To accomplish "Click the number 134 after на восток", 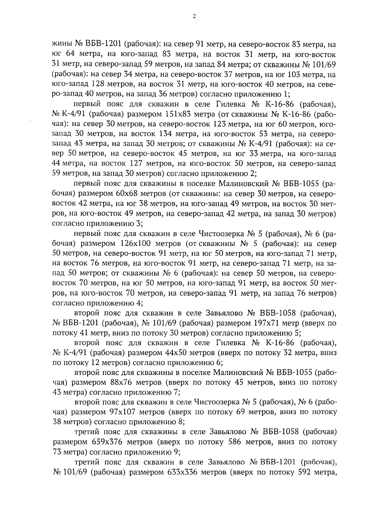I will tap(168, 134).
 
